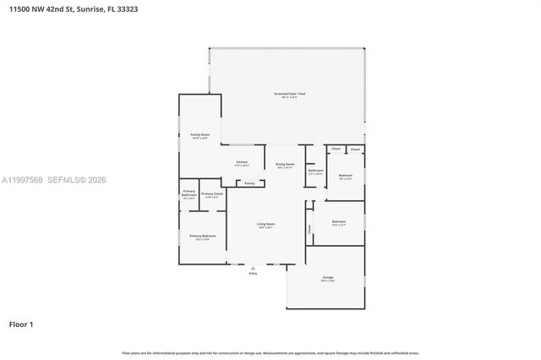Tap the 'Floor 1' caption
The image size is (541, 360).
tap(21, 324)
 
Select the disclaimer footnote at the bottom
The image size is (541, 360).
tap(270, 352)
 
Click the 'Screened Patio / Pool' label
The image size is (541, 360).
tap(288, 93)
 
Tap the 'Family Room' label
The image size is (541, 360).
tap(199, 134)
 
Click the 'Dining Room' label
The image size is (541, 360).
tap(286, 164)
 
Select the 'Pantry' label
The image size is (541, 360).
tap(249, 183)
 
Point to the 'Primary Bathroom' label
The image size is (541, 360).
tap(189, 194)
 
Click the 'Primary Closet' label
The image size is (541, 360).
tap(211, 194)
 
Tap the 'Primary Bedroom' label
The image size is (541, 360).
tap(203, 236)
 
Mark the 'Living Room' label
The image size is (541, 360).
tap(266, 224)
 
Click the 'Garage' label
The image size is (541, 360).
tap(328, 278)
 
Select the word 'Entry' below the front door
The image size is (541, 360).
tap(253, 274)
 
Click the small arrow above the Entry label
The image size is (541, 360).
tap(253, 268)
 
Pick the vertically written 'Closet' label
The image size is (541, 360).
tap(309, 228)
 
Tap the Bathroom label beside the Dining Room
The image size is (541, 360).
tap(315, 171)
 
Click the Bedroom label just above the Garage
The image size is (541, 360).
tap(339, 221)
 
